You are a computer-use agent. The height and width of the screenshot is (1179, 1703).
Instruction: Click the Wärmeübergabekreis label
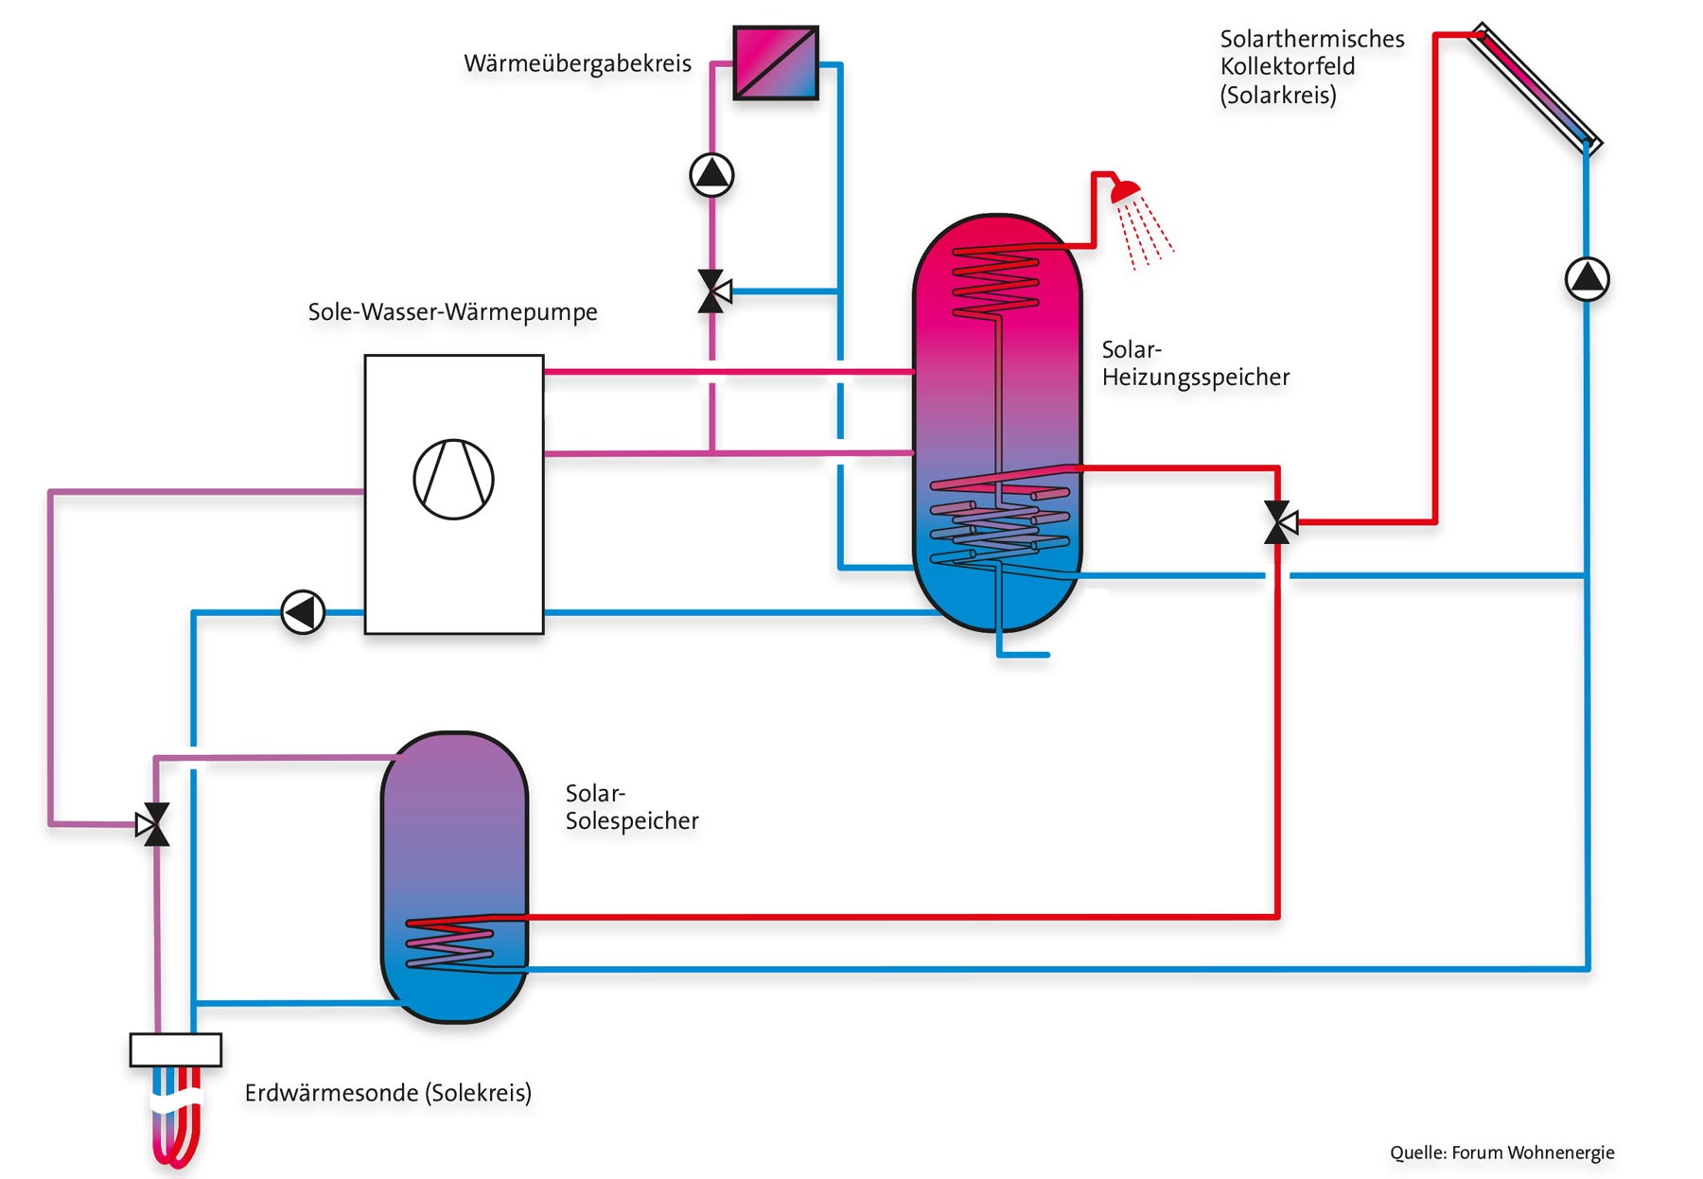[x=577, y=63]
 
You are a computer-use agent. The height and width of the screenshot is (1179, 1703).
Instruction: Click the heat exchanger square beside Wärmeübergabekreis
[x=775, y=62]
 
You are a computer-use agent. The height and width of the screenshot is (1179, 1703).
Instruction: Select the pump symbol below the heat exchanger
[x=711, y=175]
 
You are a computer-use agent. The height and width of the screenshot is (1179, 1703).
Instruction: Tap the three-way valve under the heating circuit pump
[x=712, y=291]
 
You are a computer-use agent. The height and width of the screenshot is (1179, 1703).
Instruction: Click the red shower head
[x=1125, y=192]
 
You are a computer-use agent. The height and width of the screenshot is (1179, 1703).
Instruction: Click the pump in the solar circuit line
[x=1587, y=279]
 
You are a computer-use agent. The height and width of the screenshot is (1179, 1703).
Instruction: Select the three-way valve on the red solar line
[x=1278, y=521]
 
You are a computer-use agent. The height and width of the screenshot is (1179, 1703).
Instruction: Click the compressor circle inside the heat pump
[x=453, y=479]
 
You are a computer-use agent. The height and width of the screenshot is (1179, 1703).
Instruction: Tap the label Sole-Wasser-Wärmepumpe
[x=452, y=311]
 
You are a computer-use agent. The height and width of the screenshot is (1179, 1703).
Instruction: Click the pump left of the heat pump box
[x=303, y=612]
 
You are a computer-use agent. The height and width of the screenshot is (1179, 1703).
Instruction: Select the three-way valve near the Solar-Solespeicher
[x=154, y=824]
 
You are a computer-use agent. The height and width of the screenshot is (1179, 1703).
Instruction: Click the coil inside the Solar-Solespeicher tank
[x=450, y=944]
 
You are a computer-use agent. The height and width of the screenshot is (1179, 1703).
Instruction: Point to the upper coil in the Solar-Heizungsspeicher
[x=995, y=280]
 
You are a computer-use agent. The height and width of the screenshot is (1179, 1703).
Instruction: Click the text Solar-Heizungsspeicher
[x=1194, y=363]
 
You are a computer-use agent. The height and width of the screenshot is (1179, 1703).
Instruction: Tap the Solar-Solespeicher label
[x=631, y=807]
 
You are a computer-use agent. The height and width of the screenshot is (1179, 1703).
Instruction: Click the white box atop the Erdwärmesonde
[x=175, y=1049]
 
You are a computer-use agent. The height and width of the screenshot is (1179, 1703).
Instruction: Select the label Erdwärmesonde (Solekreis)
[x=388, y=1093]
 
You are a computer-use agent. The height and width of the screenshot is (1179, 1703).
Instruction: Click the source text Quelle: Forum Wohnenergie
[x=1501, y=1153]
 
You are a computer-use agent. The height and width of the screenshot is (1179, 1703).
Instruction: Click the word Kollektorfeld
[x=1287, y=66]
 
